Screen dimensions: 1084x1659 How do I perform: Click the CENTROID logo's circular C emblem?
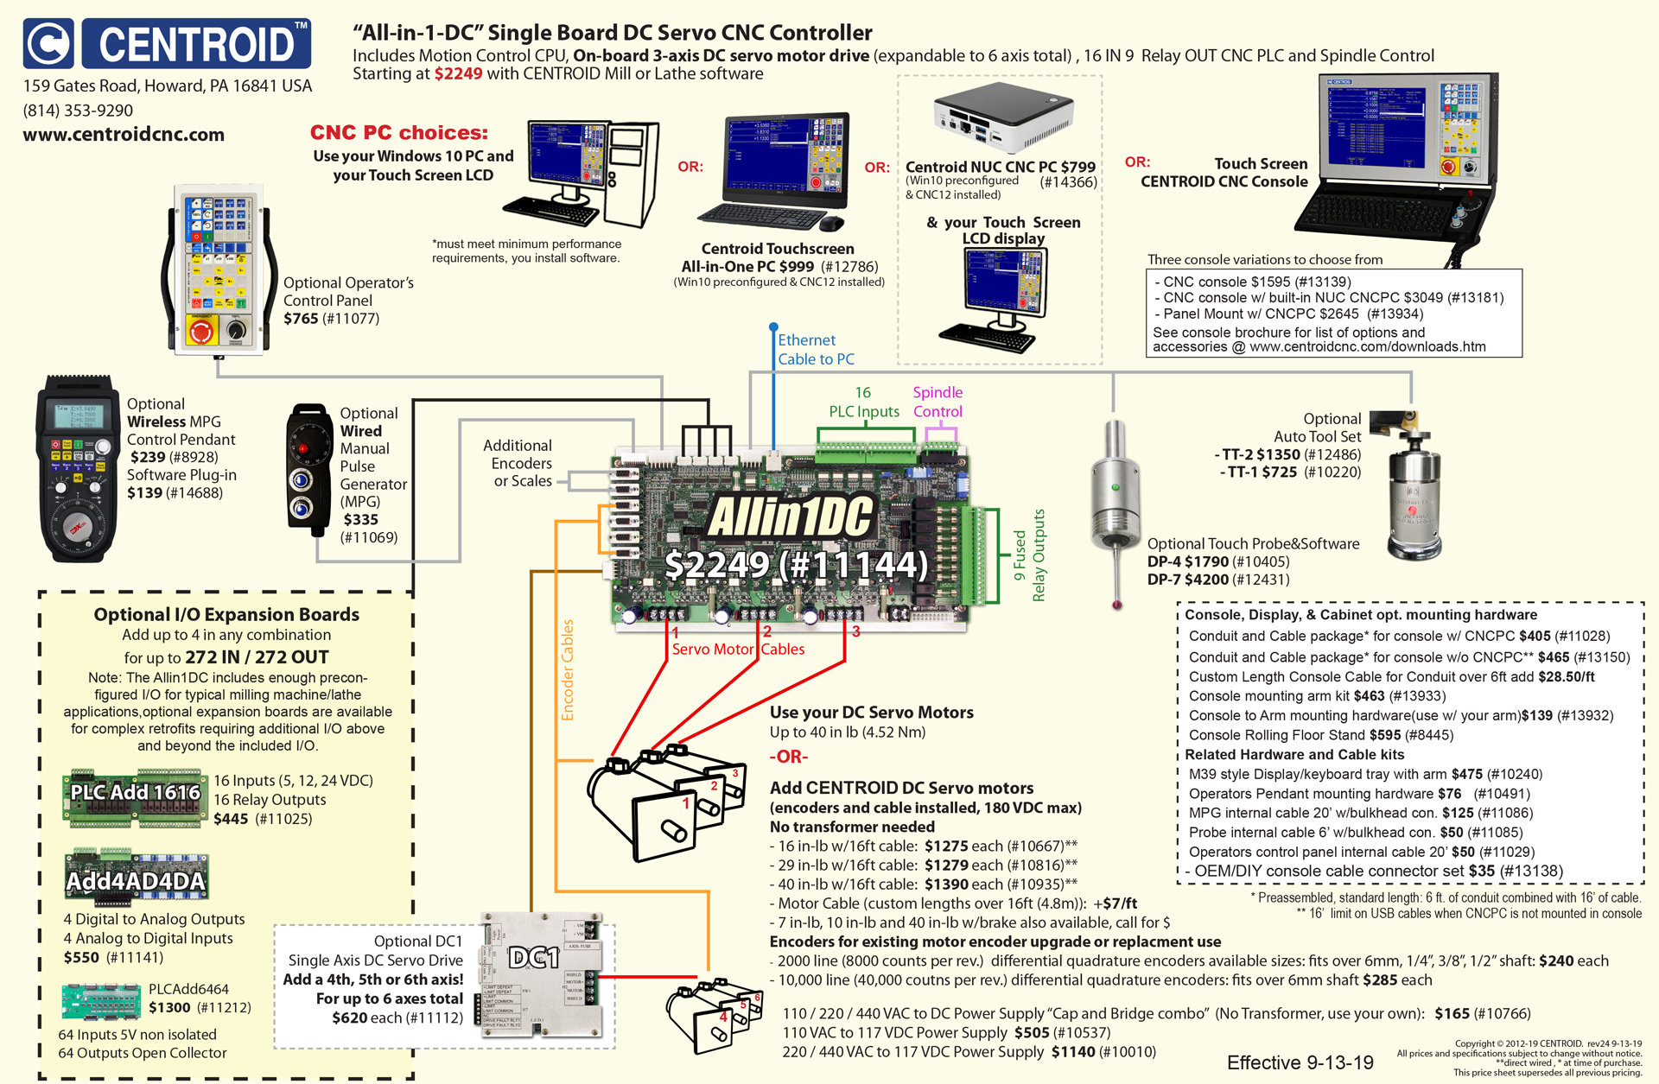click(x=49, y=43)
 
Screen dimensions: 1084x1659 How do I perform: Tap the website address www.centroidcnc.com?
click(x=124, y=135)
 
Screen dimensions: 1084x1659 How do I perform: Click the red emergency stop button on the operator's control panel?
click(x=201, y=331)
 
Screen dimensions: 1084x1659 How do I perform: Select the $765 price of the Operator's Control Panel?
click(x=301, y=319)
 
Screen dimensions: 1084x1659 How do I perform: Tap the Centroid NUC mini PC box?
click(x=1003, y=117)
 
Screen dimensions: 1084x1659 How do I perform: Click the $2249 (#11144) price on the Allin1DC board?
click(x=796, y=566)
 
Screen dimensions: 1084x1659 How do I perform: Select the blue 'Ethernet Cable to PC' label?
click(x=815, y=350)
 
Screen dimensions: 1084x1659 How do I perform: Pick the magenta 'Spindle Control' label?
click(x=938, y=402)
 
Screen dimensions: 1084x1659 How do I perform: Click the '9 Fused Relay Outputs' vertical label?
click(x=1029, y=555)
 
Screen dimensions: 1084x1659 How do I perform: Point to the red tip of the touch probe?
click(x=1117, y=605)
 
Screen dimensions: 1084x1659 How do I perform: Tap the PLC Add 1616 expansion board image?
click(x=136, y=796)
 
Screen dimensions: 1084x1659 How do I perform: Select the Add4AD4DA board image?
click(x=137, y=876)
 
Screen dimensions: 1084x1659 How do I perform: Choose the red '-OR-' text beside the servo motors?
click(x=788, y=757)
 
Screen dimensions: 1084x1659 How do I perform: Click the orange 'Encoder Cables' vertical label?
click(x=568, y=669)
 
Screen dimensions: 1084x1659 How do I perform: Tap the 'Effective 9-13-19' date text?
click(x=1300, y=1062)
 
